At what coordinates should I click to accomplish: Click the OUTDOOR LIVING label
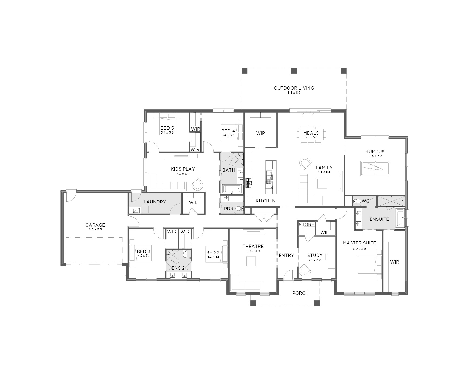tap(294, 88)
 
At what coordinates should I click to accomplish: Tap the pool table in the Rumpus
tap(375, 168)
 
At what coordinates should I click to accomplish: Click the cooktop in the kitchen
tap(249, 183)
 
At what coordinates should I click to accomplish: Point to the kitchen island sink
tap(269, 177)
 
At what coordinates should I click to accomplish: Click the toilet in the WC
tap(357, 201)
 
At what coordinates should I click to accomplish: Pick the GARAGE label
tap(95, 225)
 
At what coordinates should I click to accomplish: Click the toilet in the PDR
tap(239, 209)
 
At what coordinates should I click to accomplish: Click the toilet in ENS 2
tap(185, 254)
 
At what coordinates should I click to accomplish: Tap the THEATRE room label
tap(253, 246)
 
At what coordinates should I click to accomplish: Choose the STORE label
tap(307, 225)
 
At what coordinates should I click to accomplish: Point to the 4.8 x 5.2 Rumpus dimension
tap(375, 156)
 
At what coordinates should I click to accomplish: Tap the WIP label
tap(261, 133)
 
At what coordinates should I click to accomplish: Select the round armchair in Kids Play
tap(197, 185)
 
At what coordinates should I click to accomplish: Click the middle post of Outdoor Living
tap(294, 71)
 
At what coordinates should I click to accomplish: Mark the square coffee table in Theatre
tap(251, 261)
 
